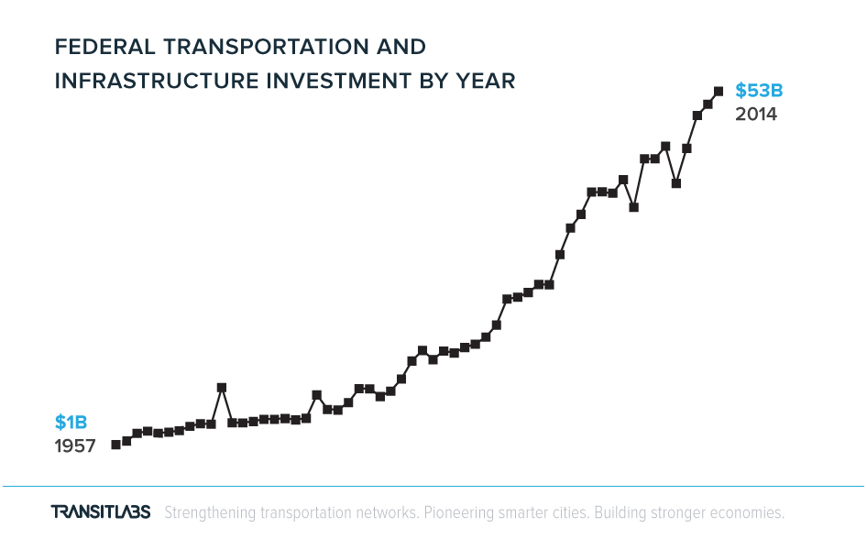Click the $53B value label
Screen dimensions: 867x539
[x=759, y=90]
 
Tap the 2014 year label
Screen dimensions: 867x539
[x=756, y=114]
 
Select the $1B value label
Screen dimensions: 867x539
[x=71, y=422]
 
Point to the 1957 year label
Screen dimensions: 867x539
[x=74, y=445]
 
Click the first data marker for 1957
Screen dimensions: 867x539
[x=116, y=445]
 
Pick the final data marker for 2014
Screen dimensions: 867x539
[x=719, y=92]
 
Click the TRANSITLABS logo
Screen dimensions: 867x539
[x=101, y=511]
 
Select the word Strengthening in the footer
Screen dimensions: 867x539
[x=210, y=513]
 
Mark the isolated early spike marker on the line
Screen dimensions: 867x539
[x=222, y=388]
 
